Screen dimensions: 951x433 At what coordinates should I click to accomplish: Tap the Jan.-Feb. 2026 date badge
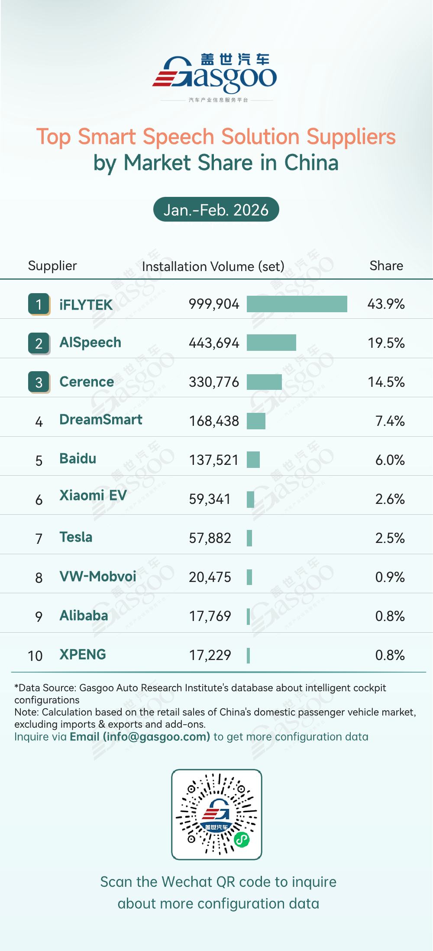click(216, 210)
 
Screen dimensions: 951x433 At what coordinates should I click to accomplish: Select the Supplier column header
click(52, 265)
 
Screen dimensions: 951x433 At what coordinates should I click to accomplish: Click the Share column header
click(386, 265)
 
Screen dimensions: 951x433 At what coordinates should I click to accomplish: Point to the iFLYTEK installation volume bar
click(297, 304)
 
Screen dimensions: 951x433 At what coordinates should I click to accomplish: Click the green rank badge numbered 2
click(39, 343)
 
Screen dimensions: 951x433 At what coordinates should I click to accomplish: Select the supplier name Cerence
click(87, 382)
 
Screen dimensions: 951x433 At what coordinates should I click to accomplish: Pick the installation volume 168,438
click(214, 421)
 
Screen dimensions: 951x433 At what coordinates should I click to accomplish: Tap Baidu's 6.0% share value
click(390, 460)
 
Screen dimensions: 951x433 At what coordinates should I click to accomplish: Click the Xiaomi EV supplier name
click(93, 495)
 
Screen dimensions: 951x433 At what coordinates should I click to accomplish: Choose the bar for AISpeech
click(271, 343)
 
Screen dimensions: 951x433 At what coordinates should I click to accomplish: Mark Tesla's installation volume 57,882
click(210, 538)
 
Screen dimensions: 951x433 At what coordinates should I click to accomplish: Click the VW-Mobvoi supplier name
click(98, 576)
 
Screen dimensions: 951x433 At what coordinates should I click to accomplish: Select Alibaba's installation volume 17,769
click(210, 616)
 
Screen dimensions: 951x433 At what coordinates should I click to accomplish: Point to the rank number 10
click(35, 656)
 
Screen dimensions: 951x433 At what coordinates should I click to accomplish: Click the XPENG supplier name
click(83, 654)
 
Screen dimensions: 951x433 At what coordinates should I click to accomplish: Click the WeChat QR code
click(216, 814)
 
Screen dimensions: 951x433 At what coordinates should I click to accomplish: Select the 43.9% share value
click(386, 304)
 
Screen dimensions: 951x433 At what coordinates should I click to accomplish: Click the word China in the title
click(311, 163)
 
